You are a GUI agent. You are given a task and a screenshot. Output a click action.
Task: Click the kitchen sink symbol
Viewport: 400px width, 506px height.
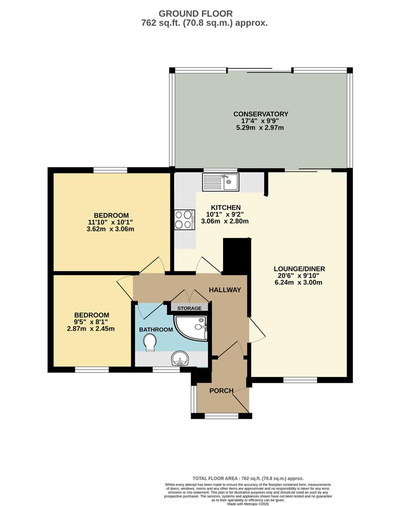pos(221,182)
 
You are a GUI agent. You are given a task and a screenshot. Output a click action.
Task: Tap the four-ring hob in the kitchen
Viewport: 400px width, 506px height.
pos(184,219)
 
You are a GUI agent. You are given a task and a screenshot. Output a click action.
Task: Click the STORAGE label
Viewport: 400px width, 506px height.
pos(189,308)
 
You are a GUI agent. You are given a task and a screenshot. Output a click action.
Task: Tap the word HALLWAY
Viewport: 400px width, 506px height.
pos(225,290)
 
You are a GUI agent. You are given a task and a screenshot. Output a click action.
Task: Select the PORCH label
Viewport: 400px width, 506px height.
pos(221,391)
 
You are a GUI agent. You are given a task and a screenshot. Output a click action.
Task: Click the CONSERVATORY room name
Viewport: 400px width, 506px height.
pos(261,114)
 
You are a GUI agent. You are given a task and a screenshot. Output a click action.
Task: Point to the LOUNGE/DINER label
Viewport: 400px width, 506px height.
pos(299,269)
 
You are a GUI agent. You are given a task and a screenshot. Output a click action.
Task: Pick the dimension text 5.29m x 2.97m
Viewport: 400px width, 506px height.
pos(261,127)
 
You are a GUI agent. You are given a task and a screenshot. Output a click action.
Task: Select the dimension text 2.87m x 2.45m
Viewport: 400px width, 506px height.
pos(91,328)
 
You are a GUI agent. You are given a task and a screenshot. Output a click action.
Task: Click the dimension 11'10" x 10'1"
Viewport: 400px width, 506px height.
pos(111,222)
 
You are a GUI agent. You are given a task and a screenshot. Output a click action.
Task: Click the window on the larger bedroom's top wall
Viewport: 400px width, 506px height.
pos(110,170)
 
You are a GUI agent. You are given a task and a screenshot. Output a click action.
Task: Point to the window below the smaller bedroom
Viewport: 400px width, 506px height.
pos(92,370)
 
